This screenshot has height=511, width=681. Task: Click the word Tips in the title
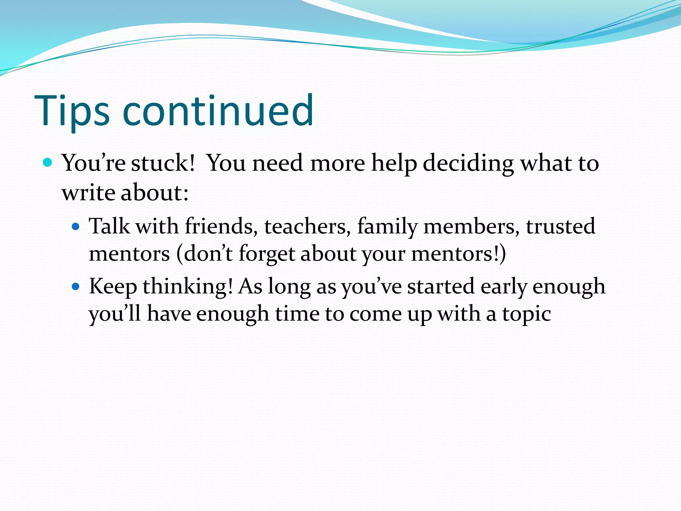[71, 111]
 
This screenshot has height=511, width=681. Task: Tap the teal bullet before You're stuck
[48, 162]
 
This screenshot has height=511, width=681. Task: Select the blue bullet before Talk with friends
[76, 227]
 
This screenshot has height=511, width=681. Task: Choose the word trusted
[560, 227]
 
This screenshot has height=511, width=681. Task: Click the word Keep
[113, 287]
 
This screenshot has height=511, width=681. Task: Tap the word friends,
[221, 227]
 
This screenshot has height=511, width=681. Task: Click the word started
[441, 287]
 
